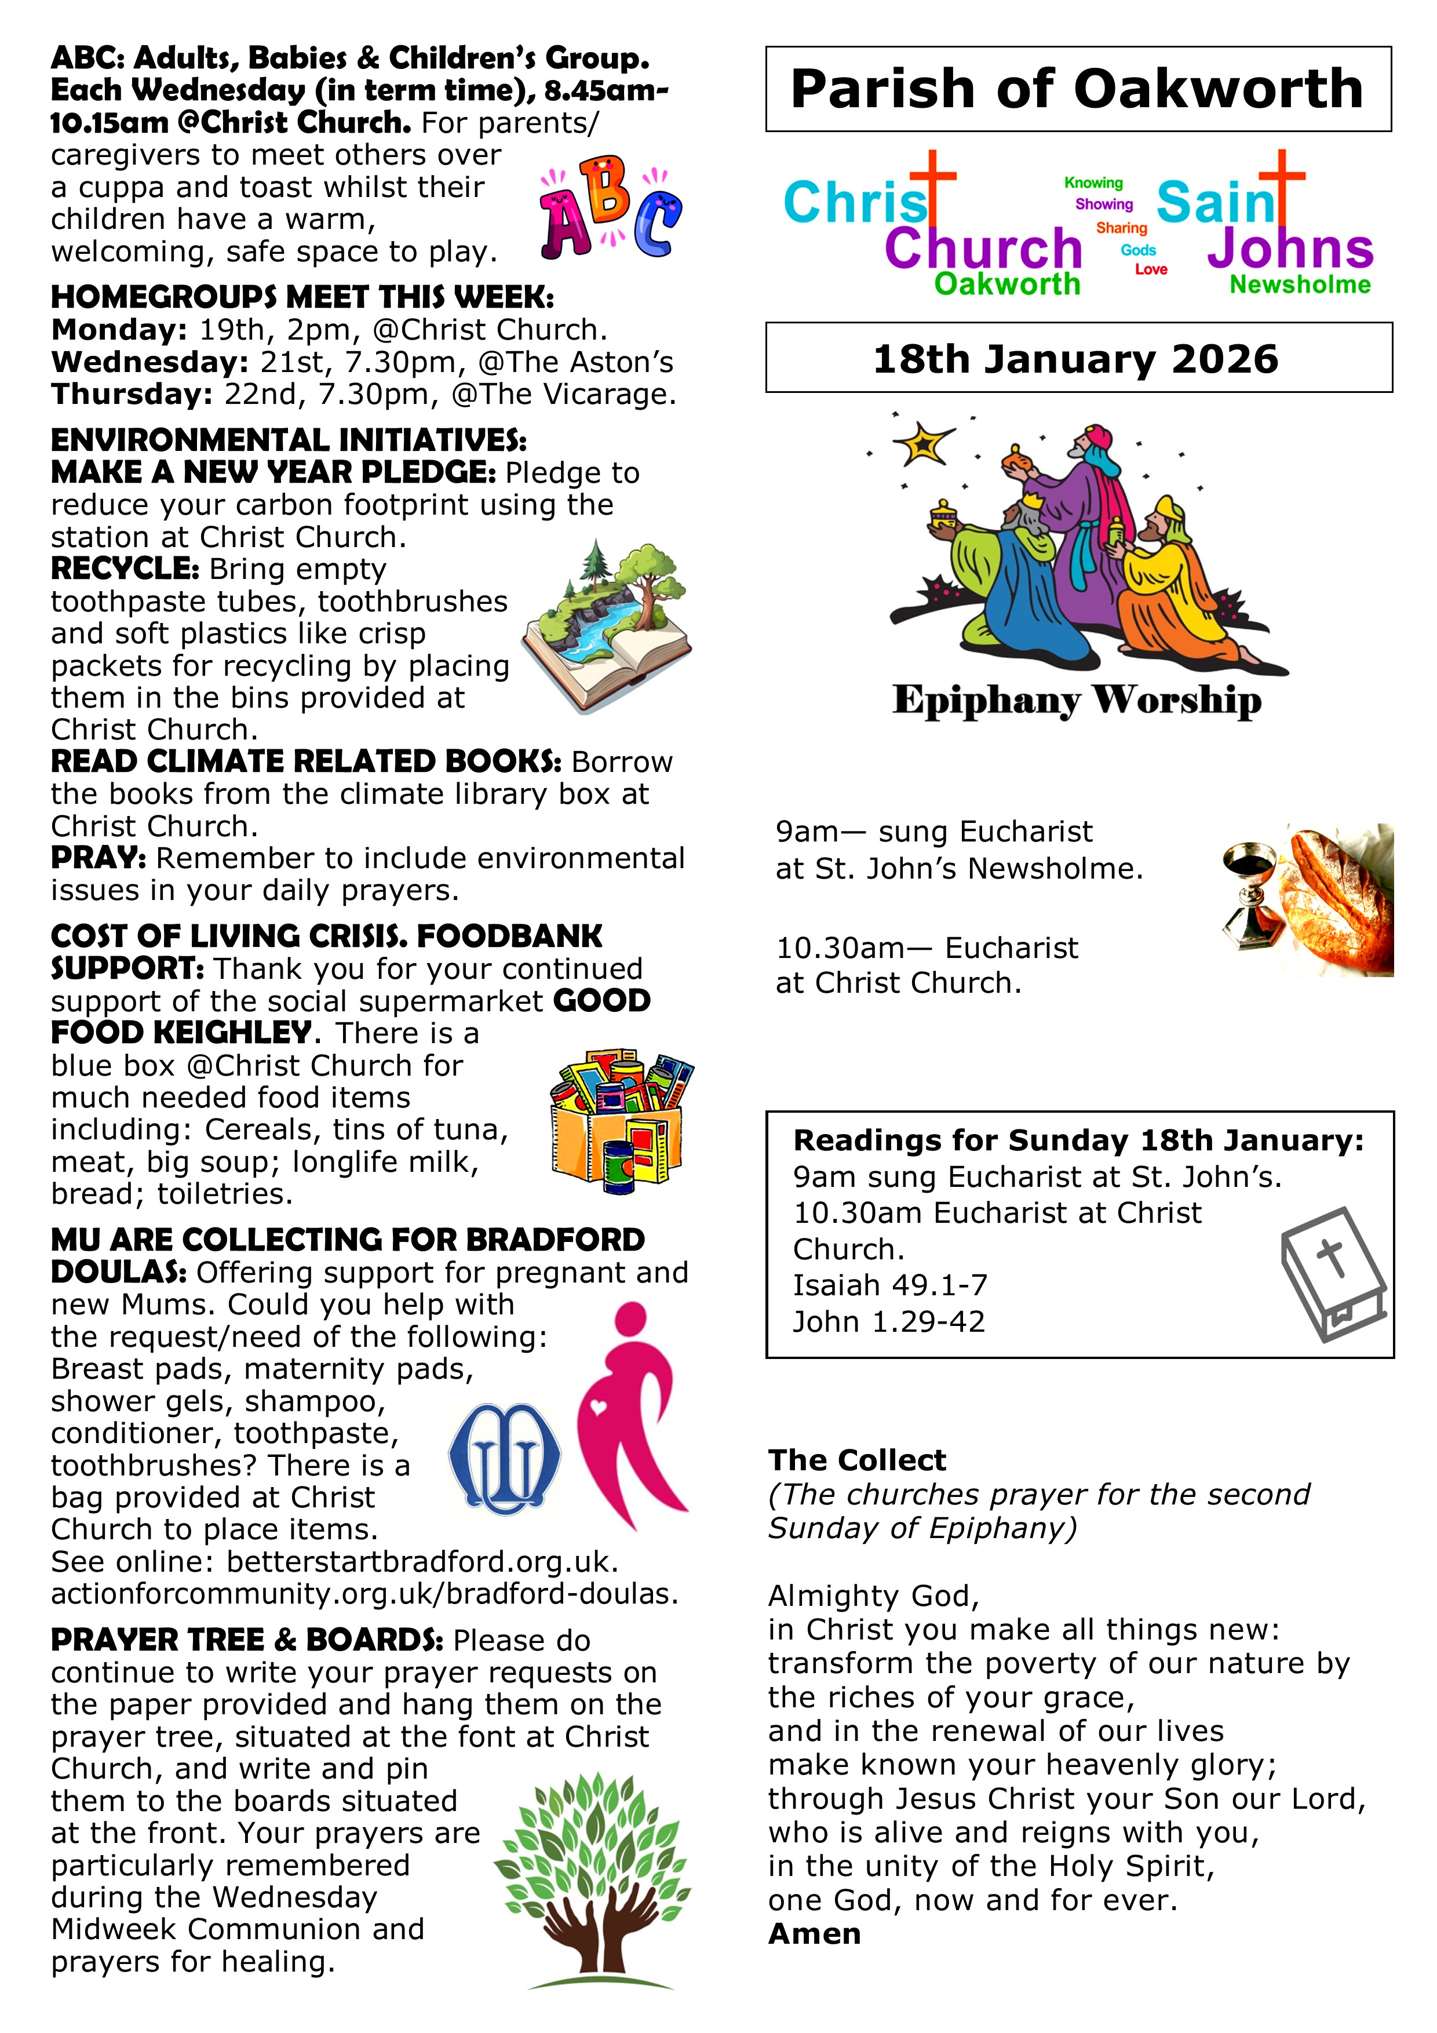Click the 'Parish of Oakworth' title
1077,89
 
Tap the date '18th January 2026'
1076,359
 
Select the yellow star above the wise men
922,443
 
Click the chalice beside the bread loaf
1250,894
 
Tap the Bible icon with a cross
1333,1273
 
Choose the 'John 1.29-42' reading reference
888,1321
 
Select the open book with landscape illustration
607,627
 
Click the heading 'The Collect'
856,1460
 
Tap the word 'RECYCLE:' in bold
125,569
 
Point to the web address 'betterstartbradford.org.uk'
421,1561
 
